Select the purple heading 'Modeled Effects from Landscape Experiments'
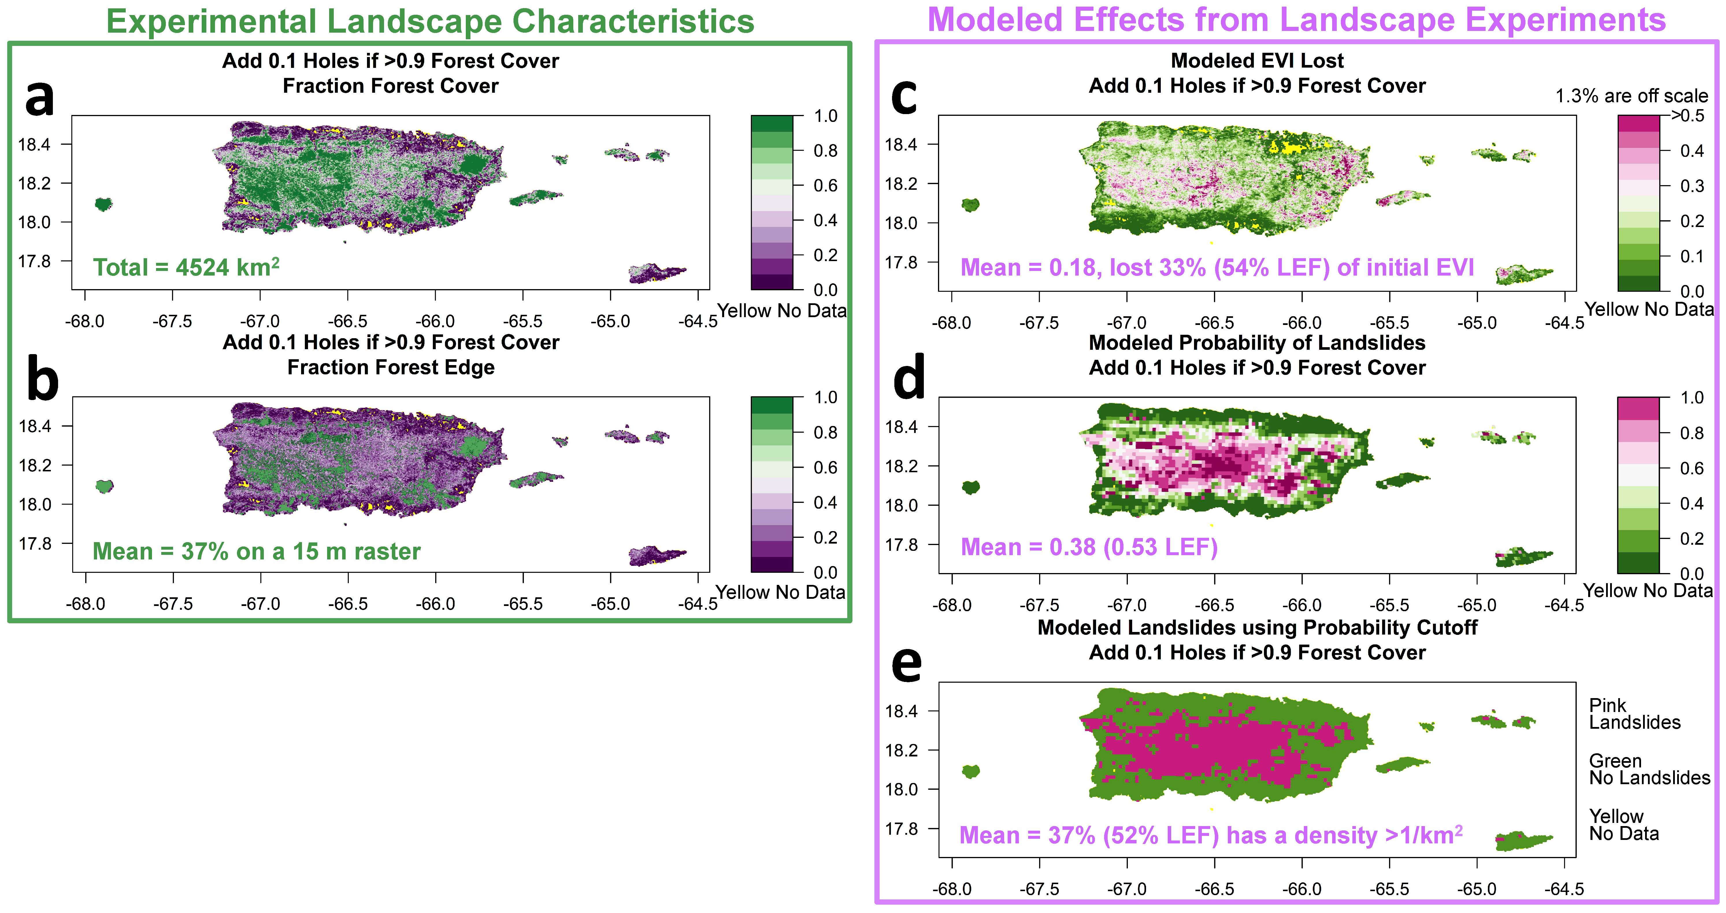(x=1296, y=20)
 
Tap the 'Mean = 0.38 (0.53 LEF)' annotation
(x=1089, y=547)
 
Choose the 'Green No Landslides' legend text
(x=1648, y=770)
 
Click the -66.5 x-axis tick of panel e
(x=1214, y=889)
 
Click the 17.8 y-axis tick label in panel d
(x=900, y=544)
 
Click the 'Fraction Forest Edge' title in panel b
(x=391, y=368)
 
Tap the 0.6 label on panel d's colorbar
(x=1691, y=468)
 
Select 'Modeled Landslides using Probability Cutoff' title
(x=1257, y=628)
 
